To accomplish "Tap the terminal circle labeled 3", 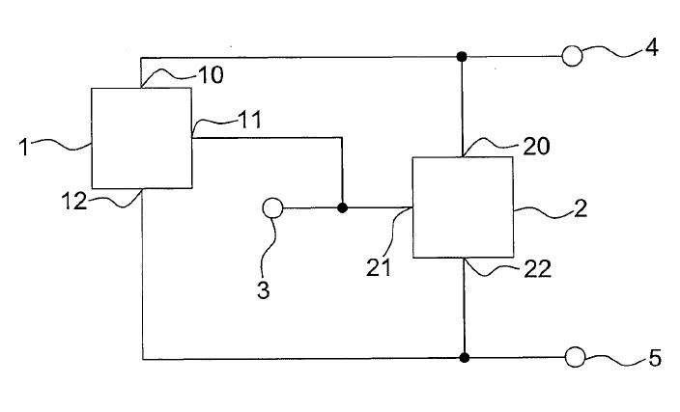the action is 272,208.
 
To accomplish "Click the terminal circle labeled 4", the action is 572,56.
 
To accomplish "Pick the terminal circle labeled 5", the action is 576,357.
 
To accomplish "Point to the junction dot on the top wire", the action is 462,56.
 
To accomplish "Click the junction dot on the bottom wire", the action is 464,358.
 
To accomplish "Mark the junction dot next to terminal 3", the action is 342,208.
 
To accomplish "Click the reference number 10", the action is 211,75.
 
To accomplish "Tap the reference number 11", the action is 250,120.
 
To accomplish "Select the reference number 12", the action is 74,202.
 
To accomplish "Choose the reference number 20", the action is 536,147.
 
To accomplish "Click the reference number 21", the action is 379,267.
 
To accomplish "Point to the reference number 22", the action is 537,269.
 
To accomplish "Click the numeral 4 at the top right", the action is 651,47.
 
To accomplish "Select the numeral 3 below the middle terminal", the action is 264,289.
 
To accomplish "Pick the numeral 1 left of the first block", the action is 24,148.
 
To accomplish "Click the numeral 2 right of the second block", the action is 581,208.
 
